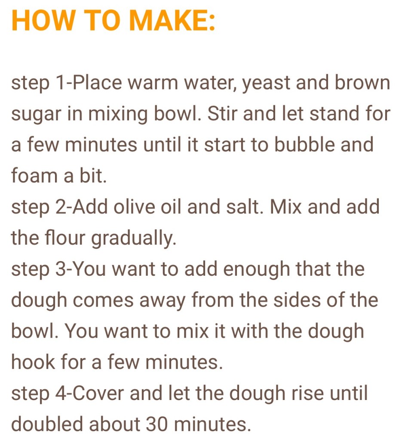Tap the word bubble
click(x=304, y=144)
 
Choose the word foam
click(x=34, y=175)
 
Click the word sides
click(x=297, y=300)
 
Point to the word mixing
click(x=118, y=115)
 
